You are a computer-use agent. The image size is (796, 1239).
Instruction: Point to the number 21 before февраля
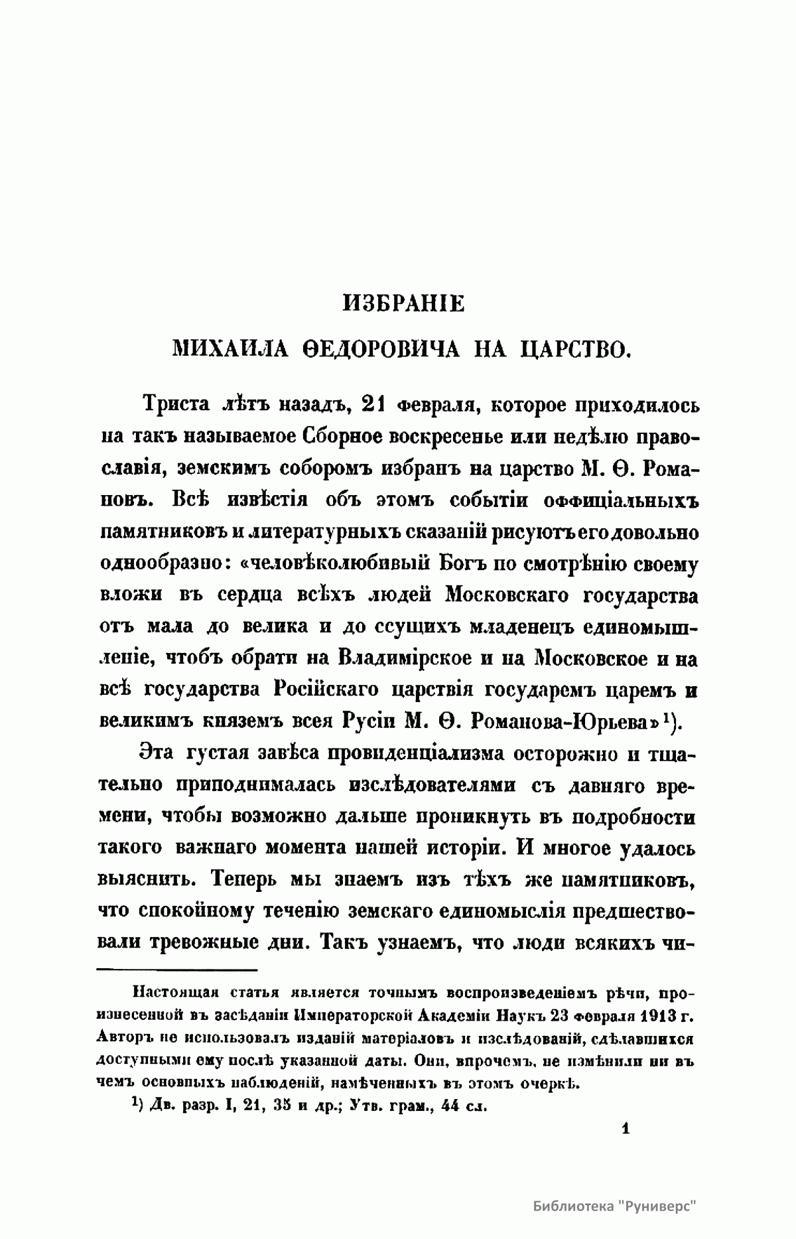(372, 404)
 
